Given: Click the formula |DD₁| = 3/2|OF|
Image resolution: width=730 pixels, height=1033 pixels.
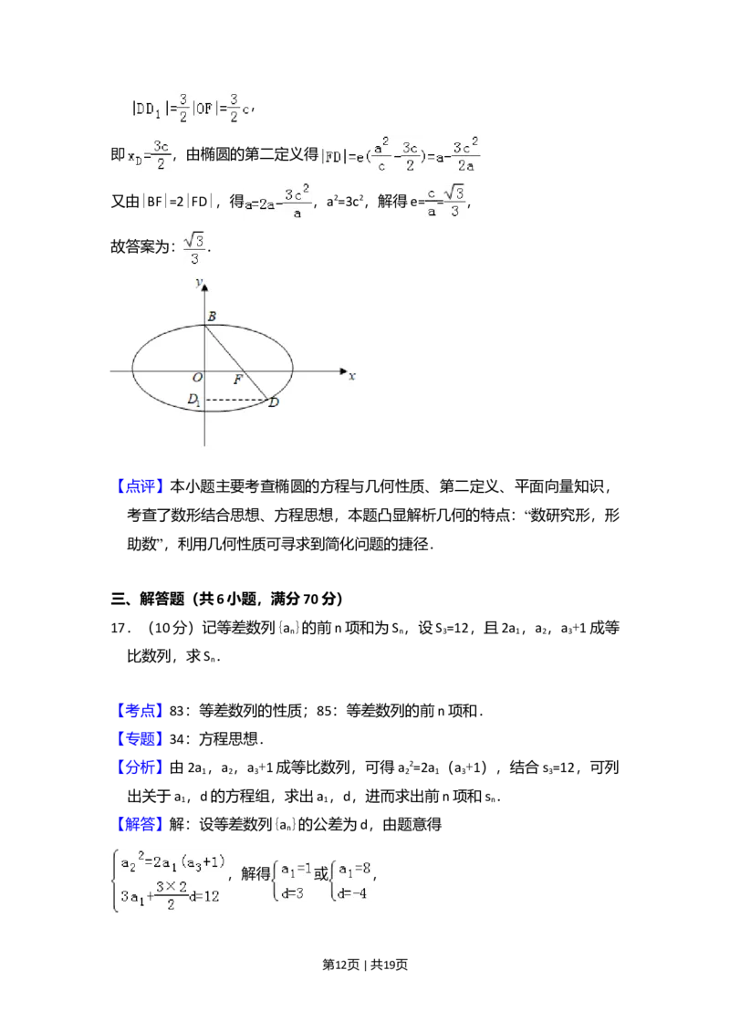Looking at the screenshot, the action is (x=189, y=107).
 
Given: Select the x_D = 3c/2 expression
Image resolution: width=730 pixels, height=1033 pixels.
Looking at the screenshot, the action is (x=149, y=153).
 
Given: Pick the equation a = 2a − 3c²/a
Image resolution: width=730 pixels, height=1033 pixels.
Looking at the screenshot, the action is (x=277, y=202).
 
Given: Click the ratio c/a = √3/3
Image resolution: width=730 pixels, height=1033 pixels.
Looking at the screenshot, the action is (x=445, y=201).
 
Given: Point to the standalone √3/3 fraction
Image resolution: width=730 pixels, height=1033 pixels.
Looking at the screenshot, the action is (x=196, y=248).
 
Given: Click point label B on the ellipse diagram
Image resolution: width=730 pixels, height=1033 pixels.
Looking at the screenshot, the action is (x=212, y=317).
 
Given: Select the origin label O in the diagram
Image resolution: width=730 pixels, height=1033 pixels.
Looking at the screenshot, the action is (x=196, y=378).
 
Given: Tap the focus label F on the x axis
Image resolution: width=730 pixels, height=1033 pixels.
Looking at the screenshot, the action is (x=237, y=380).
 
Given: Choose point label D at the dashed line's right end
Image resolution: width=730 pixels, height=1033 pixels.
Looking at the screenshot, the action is (x=273, y=402).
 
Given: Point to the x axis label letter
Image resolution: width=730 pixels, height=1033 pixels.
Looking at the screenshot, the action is (x=352, y=376).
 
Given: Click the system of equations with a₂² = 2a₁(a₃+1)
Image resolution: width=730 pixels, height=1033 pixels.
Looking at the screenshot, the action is (x=172, y=879).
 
